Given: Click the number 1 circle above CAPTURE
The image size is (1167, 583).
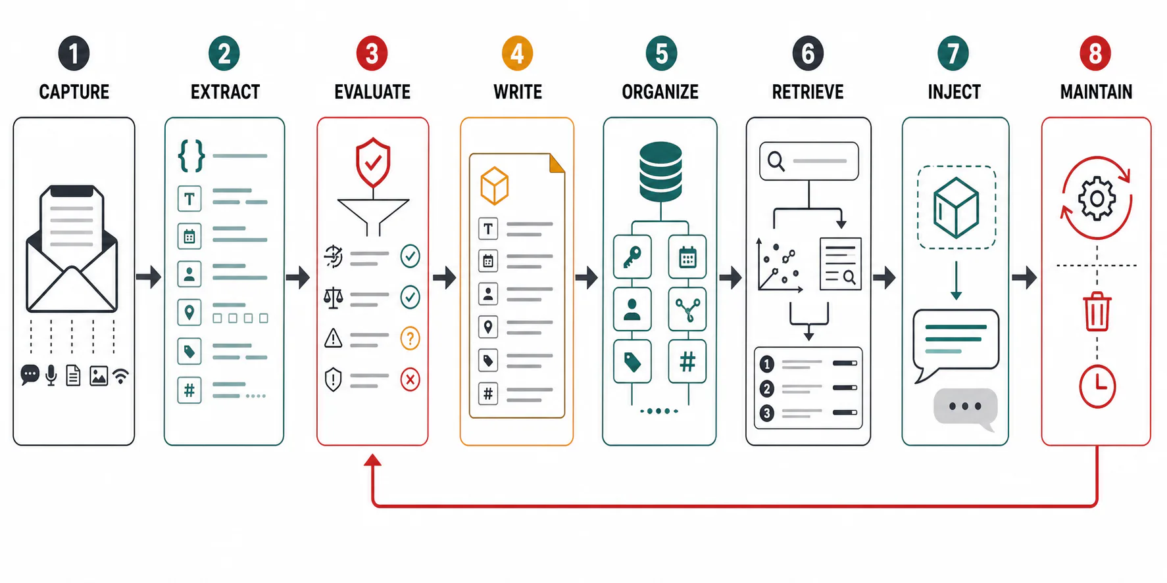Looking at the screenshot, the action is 74,53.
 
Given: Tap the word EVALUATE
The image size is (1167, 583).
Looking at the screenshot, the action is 372,92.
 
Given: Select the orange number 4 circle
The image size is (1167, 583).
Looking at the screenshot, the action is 517,53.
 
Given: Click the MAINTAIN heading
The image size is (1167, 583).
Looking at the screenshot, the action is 1096,92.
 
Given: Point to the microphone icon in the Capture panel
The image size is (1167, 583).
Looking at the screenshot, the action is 51,375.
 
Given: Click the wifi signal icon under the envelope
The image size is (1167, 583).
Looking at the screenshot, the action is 120,376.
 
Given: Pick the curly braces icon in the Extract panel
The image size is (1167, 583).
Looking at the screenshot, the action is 191,156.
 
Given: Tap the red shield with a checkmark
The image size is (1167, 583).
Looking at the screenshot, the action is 373,162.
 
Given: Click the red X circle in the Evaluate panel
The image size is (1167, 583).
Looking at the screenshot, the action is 410,379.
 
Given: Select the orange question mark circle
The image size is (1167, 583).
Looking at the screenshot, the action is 410,338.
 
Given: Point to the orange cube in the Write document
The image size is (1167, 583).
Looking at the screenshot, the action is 494,186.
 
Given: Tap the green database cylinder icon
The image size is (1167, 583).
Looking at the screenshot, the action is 660,172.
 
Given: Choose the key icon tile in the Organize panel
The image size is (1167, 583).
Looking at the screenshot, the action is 632,257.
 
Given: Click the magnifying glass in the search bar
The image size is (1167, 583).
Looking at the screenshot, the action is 776,161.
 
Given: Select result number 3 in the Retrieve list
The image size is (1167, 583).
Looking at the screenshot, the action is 766,413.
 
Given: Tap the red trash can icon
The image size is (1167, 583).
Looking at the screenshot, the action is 1097,312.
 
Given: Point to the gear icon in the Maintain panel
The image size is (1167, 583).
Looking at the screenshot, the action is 1097,198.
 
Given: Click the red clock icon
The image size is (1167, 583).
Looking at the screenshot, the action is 1097,386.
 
